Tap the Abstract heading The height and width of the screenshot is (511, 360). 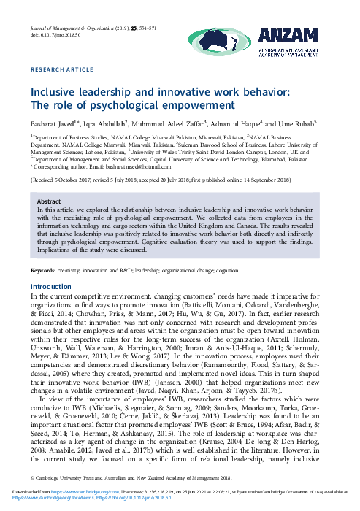tap(48, 201)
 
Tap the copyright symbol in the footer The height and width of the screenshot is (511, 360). tap(32, 477)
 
